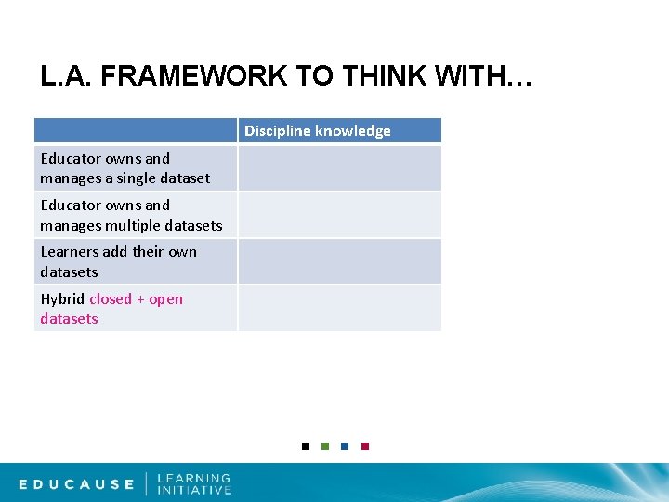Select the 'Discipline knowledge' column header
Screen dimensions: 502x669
pyautogui.click(x=318, y=131)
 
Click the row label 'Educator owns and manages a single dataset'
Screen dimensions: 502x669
pyautogui.click(x=125, y=168)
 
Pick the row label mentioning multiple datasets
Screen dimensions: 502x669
pyautogui.click(x=131, y=215)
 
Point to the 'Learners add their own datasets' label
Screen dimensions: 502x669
pyautogui.click(x=118, y=261)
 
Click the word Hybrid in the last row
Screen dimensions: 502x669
pyautogui.click(x=62, y=298)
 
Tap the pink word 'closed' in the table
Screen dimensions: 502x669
pyautogui.click(x=111, y=298)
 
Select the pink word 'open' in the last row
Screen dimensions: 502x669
pyautogui.click(x=166, y=298)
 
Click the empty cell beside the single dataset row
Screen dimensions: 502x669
pyautogui.click(x=339, y=168)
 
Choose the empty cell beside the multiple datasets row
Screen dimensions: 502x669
pyautogui.click(x=339, y=215)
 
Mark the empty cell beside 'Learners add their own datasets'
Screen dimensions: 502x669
pyautogui.click(x=339, y=261)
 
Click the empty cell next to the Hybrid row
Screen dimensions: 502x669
pyautogui.click(x=339, y=308)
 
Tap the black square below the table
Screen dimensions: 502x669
pyautogui.click(x=306, y=446)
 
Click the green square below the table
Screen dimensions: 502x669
pyautogui.click(x=325, y=446)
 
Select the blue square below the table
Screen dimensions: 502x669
pyautogui.click(x=345, y=446)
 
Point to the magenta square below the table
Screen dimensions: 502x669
pyautogui.click(x=365, y=446)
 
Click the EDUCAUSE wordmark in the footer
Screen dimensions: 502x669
pyautogui.click(x=77, y=484)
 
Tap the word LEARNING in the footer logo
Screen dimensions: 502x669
pyautogui.click(x=194, y=478)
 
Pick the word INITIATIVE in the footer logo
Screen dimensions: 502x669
pyautogui.click(x=194, y=491)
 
